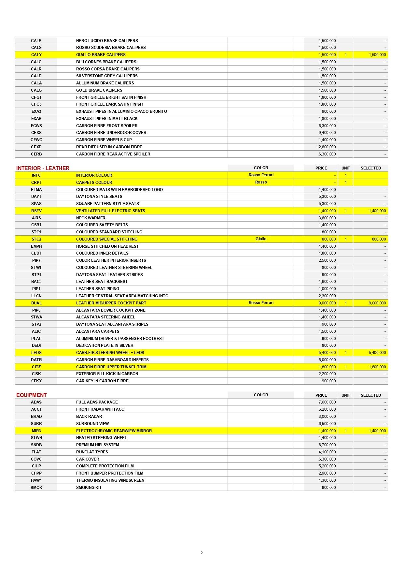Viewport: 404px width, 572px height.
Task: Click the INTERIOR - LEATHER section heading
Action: coord(43,168)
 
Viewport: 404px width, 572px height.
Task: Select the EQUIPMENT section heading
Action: coord(32,395)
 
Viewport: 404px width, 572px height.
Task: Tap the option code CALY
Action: coord(36,55)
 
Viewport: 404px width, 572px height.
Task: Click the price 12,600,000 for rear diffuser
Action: coord(326,147)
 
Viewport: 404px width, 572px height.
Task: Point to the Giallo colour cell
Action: coord(261,239)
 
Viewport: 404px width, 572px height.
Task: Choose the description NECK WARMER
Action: coord(91,218)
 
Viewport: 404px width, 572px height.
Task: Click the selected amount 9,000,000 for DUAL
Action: coord(377,303)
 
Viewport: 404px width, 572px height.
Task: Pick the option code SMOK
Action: coord(36,488)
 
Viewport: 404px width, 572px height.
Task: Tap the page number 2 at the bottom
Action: coord(202,553)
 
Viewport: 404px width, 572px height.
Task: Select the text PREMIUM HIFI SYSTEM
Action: coord(97,445)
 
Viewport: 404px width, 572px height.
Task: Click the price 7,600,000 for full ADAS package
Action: coord(327,402)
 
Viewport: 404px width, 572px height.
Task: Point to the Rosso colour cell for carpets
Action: coord(261,182)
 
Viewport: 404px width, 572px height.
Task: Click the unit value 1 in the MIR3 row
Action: coord(346,431)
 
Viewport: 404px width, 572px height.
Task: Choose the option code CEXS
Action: coord(36,133)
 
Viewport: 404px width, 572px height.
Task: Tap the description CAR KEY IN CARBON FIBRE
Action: coord(102,381)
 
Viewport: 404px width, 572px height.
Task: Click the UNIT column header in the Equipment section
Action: coord(346,395)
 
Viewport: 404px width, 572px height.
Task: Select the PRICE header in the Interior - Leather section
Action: coord(321,168)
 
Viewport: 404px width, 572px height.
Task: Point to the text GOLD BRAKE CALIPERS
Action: coord(99,90)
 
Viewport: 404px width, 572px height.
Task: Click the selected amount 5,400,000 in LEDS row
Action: coord(377,353)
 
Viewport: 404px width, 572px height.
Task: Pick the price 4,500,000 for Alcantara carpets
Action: coord(327,331)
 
